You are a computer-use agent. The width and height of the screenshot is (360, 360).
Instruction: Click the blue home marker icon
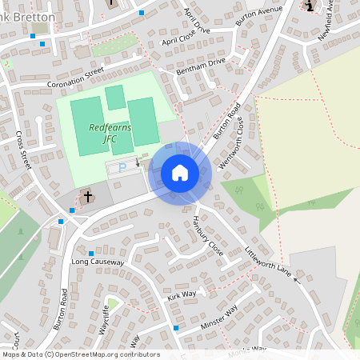[x=180, y=173]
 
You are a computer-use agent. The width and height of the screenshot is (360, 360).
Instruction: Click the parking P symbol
[x=122, y=167]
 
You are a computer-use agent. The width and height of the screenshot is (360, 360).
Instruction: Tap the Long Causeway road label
[x=98, y=262]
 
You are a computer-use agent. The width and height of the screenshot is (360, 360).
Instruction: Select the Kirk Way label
[x=182, y=295]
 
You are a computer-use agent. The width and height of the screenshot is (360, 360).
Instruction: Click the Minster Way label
[x=220, y=314]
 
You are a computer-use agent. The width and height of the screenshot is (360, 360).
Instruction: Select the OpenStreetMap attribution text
[x=80, y=354]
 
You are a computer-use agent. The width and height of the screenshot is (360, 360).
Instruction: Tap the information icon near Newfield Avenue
[x=310, y=6]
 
